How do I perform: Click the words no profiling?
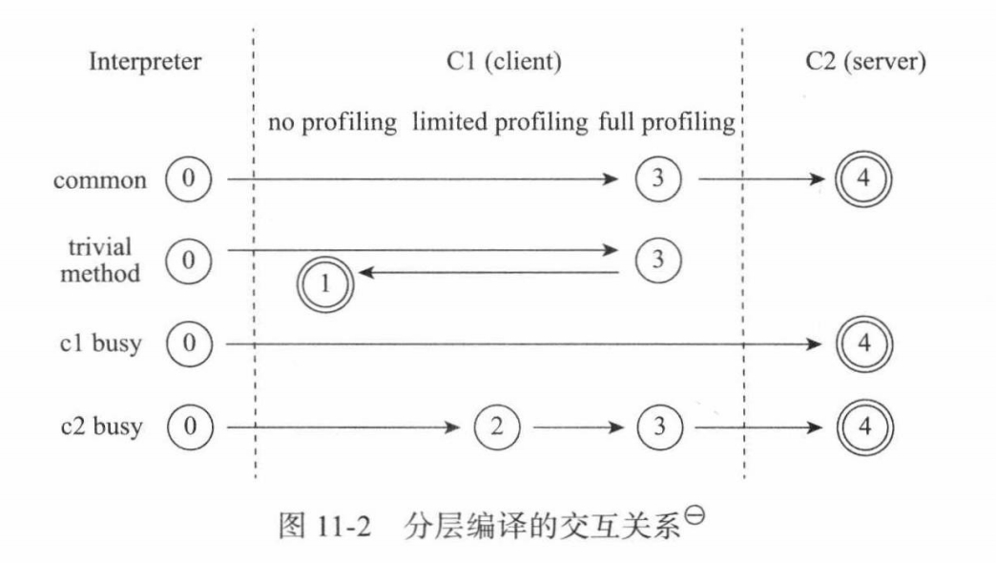(x=332, y=124)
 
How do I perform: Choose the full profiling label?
(x=668, y=124)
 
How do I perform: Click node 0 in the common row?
(x=188, y=178)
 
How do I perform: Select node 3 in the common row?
(x=655, y=178)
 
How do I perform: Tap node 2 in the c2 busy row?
(x=495, y=426)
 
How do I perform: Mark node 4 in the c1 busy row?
(x=863, y=344)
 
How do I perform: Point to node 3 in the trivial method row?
(x=655, y=259)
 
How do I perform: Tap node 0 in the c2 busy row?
(x=188, y=426)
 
